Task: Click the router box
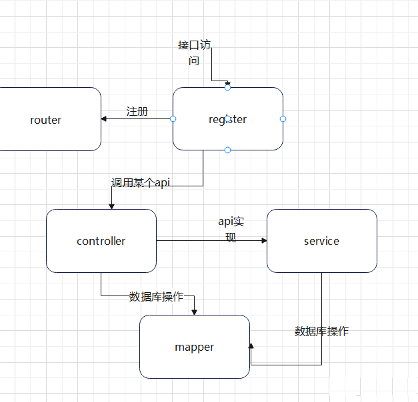click(x=46, y=120)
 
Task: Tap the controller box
click(x=101, y=241)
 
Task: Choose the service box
click(x=321, y=241)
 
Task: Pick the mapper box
click(x=194, y=347)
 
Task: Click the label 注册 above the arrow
click(x=137, y=111)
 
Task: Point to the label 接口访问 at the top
click(x=194, y=53)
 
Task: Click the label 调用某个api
click(x=141, y=182)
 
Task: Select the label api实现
click(x=231, y=229)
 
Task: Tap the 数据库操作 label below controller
click(x=156, y=297)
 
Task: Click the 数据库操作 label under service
click(x=321, y=331)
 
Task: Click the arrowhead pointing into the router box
click(x=104, y=119)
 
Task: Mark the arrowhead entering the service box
click(x=263, y=241)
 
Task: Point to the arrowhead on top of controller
click(x=111, y=206)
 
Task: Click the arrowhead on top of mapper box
click(x=194, y=311)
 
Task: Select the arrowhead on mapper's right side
click(x=251, y=346)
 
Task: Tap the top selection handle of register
click(x=227, y=87)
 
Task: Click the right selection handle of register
click(x=283, y=118)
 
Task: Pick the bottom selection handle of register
click(x=227, y=150)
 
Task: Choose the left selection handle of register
click(x=173, y=118)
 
